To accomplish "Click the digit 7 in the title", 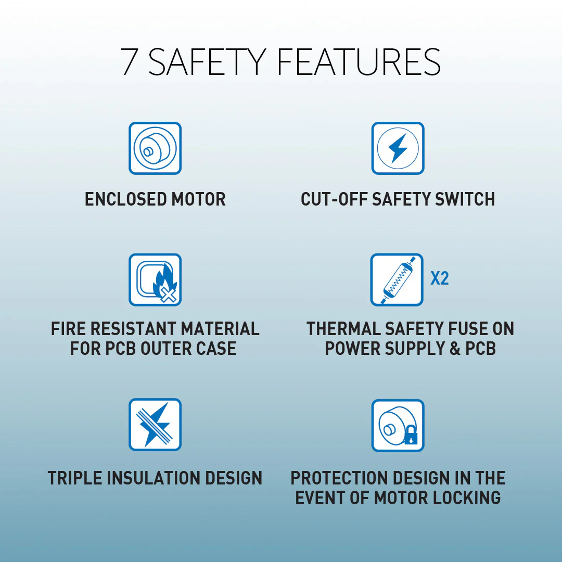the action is [130, 61].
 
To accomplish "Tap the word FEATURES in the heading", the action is [359, 61].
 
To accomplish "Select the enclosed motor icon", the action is [155, 148].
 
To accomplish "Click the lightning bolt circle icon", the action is [398, 148].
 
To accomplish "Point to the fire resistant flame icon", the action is [155, 279].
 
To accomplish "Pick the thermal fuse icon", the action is [397, 279].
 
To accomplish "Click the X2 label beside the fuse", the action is [439, 278].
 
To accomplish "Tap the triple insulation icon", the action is [155, 425].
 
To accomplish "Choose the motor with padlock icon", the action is [398, 426].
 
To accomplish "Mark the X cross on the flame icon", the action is [168, 295].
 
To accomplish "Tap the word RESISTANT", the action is [132, 329].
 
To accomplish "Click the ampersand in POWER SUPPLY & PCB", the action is [455, 348].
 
